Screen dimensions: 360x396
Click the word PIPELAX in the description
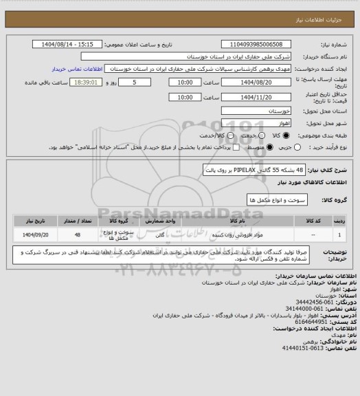[x=244, y=169]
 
